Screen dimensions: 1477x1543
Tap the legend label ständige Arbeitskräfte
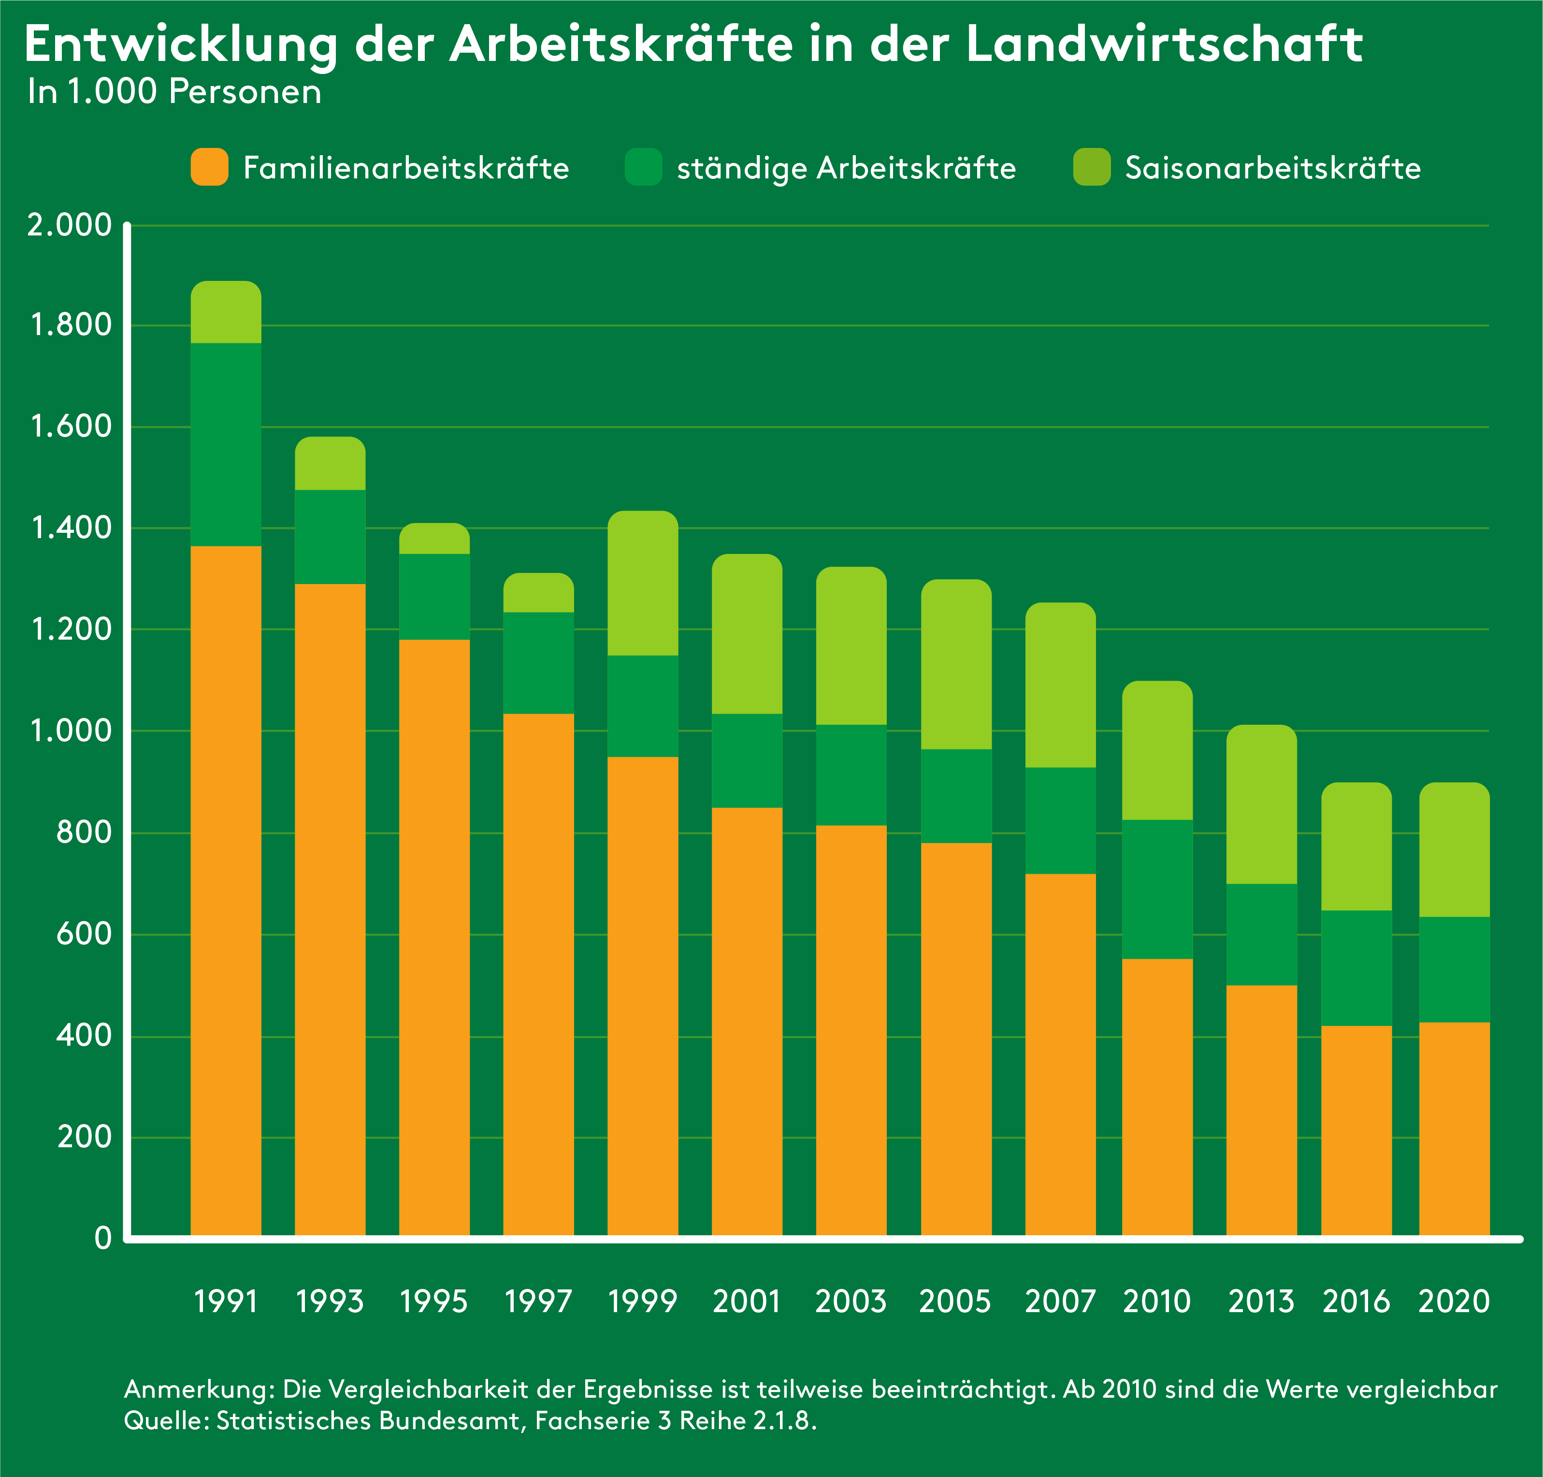[x=846, y=168]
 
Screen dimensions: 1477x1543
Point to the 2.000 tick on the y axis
[x=69, y=225]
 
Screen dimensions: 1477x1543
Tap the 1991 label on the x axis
[x=226, y=1301]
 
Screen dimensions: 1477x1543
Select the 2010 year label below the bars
[x=1157, y=1301]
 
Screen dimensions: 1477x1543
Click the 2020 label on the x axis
[x=1454, y=1301]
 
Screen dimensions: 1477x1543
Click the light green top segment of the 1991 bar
[x=226, y=313]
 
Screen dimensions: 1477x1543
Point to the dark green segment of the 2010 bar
[x=1157, y=889]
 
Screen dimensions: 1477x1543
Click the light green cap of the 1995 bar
[x=434, y=539]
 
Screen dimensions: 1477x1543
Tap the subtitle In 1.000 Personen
[x=174, y=92]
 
